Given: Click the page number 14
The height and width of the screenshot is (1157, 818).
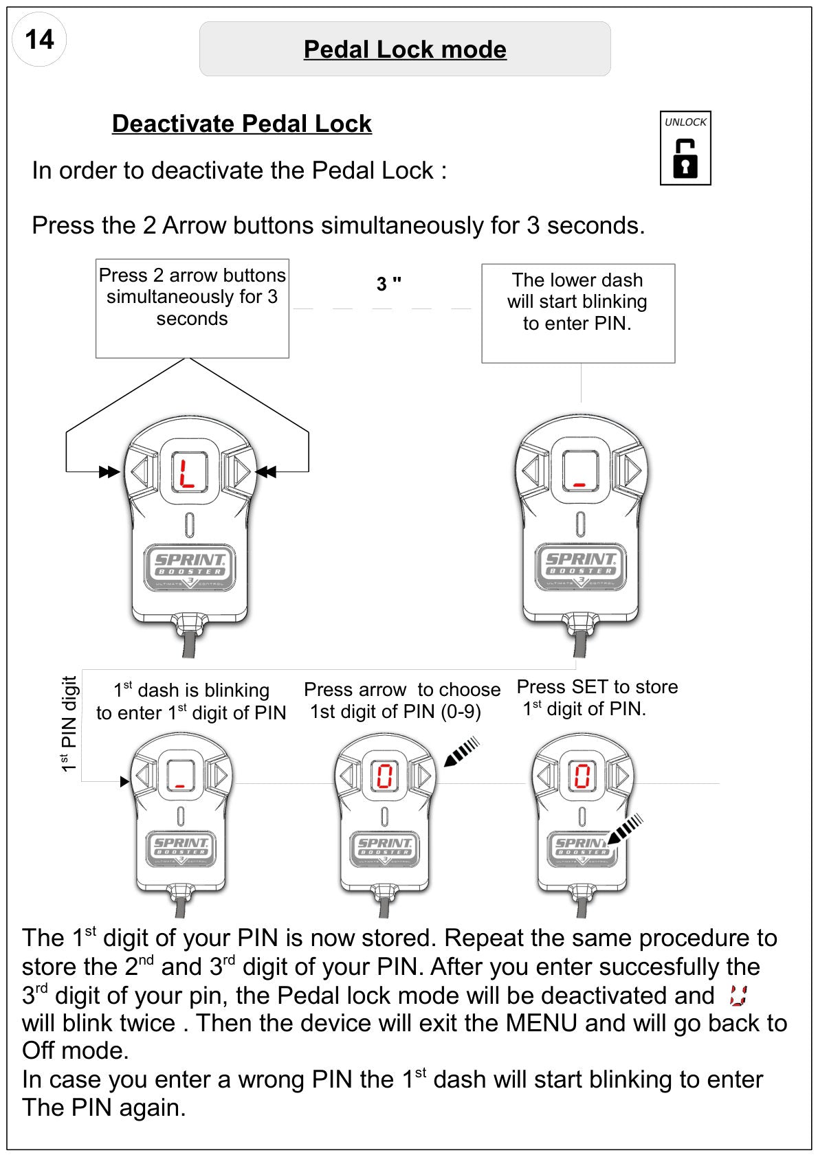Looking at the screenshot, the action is [39, 40].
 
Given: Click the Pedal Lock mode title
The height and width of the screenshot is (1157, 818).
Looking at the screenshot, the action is [405, 49].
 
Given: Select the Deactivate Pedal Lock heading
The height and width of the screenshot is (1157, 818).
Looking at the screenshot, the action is [242, 124].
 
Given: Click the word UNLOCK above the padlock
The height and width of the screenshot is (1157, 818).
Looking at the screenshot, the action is [685, 122].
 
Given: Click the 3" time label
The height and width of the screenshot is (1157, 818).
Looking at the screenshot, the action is [388, 284].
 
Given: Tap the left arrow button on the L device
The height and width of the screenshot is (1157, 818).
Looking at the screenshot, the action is [140, 471].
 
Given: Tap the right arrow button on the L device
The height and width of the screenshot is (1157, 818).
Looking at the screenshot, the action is [241, 471].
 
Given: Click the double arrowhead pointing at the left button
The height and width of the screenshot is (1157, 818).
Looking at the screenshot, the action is [109, 471].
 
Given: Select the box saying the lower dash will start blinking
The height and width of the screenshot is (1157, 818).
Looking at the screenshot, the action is [578, 313].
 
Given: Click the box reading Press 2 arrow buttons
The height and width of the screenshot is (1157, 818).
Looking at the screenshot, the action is [192, 308].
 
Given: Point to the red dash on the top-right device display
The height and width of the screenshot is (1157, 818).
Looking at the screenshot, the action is [579, 485].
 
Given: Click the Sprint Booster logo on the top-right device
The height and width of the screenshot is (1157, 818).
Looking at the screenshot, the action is [580, 566].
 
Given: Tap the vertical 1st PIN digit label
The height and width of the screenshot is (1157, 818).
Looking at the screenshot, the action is [69, 723].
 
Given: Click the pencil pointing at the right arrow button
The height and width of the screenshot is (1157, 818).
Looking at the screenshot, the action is [462, 752].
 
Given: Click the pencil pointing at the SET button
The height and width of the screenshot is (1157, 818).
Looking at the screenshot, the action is [625, 829].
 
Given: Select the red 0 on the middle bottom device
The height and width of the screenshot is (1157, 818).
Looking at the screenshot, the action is [384, 776].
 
